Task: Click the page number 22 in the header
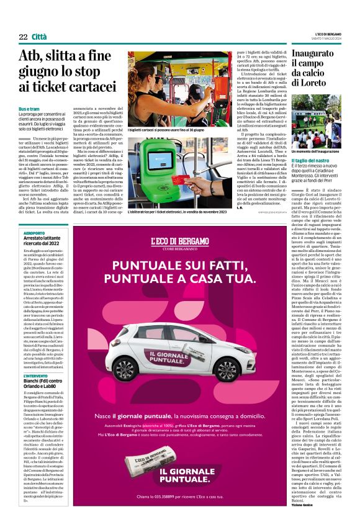point(23,37)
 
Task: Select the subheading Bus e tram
point(30,109)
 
